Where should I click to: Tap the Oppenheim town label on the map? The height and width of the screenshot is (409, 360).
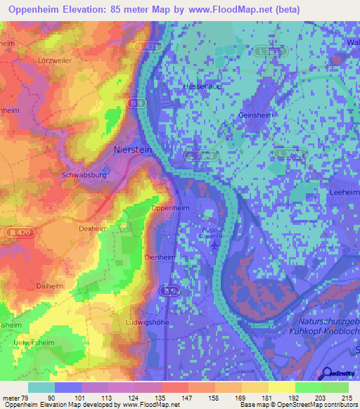tap(170, 208)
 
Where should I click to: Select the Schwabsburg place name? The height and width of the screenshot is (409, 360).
tap(84, 175)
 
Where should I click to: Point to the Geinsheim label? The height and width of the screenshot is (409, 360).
tap(255, 115)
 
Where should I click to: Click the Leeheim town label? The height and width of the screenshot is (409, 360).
tap(344, 192)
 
